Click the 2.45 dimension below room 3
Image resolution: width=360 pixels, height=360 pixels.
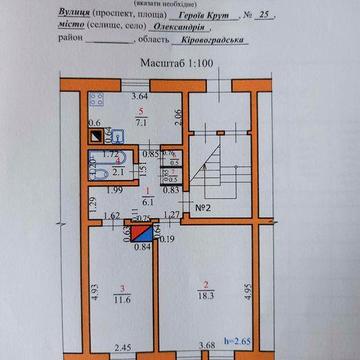pos(124,348)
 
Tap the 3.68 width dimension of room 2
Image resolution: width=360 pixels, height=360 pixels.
pos(208,348)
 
